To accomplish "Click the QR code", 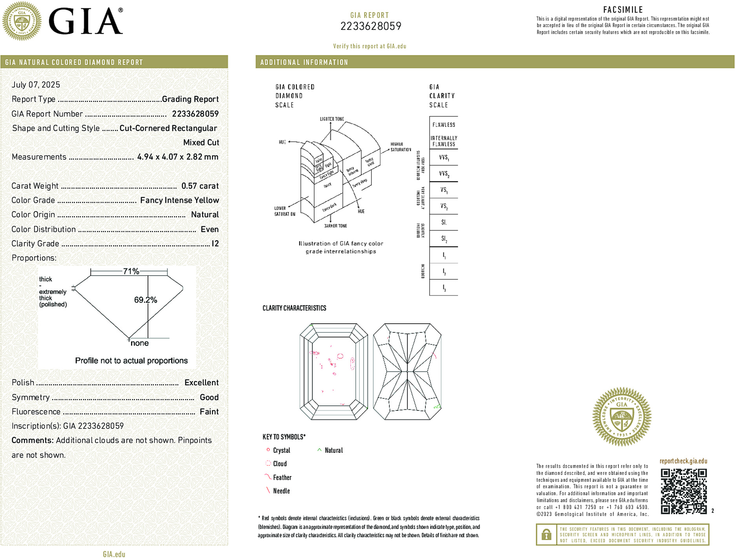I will click(x=683, y=491).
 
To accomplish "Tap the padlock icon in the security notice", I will click(x=546, y=534).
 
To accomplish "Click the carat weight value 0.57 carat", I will click(x=200, y=186).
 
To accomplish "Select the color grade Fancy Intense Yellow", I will click(x=179, y=200).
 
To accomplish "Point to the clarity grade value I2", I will click(x=215, y=244).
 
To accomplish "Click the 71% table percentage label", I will click(x=131, y=271).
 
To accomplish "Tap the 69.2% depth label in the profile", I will click(x=146, y=300).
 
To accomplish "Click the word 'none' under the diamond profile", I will click(x=139, y=343).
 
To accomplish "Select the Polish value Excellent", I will click(x=201, y=383).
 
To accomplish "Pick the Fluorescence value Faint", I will click(x=209, y=412).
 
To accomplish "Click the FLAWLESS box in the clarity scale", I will click(x=443, y=125).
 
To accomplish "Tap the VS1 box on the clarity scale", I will click(x=443, y=190).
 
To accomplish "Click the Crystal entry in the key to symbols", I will click(x=281, y=450).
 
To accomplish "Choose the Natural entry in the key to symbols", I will click(x=333, y=450).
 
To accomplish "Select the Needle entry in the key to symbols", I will click(x=281, y=491).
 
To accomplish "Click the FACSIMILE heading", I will click(x=623, y=10).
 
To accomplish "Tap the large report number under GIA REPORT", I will click(x=370, y=26).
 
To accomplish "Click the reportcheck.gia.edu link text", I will click(x=683, y=461).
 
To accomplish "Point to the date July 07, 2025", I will click(x=36, y=85).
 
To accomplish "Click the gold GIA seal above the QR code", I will click(x=622, y=416).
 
